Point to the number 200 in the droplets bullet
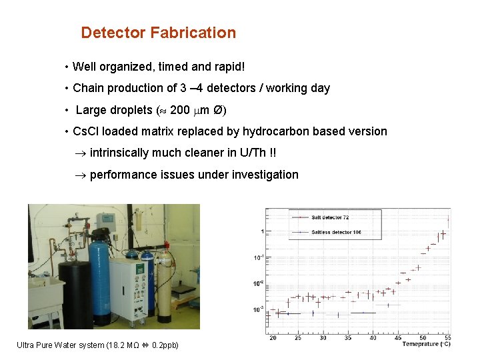pyautogui.click(x=179, y=110)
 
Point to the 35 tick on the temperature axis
pyautogui.click(x=347, y=338)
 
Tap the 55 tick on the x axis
pyautogui.click(x=447, y=338)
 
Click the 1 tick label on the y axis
pyautogui.click(x=263, y=232)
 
